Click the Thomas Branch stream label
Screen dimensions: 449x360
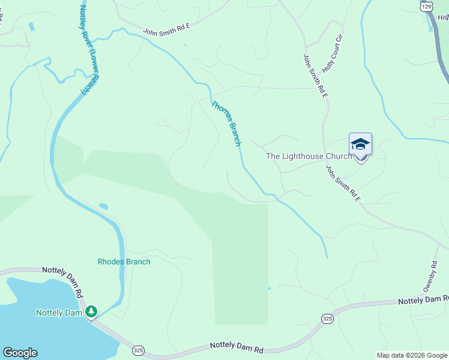coord(226,123)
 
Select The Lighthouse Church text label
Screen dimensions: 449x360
coord(309,156)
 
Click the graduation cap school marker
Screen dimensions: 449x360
coord(360,145)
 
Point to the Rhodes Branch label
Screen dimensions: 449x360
coord(124,262)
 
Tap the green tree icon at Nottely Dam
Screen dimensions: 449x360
coord(91,311)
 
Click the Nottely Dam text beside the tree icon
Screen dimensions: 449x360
coord(58,313)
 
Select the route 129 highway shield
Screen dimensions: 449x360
coord(426,5)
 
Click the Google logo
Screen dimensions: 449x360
coord(20,353)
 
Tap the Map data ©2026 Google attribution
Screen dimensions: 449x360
coord(412,355)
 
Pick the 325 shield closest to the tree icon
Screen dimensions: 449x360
coord(138,350)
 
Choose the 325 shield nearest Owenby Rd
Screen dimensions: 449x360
coord(327,318)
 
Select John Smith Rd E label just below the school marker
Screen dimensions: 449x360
coord(342,184)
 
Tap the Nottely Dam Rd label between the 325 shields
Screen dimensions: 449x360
coord(237,347)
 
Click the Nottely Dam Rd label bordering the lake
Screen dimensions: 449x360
coord(62,279)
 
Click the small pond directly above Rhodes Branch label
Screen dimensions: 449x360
coord(103,206)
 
